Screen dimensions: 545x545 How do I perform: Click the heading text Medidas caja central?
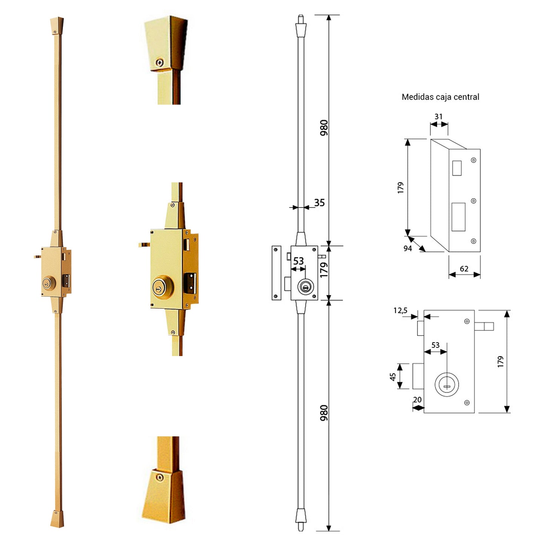tap(440, 97)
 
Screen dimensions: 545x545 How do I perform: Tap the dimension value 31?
tap(438, 117)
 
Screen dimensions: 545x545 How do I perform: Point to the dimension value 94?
tap(408, 248)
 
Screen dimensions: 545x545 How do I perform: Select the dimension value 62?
tap(464, 269)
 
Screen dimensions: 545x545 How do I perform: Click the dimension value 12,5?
tap(401, 310)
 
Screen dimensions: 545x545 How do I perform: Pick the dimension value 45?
tap(393, 377)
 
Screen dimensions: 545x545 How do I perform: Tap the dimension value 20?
tap(417, 400)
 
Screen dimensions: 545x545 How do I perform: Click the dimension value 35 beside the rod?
tap(319, 203)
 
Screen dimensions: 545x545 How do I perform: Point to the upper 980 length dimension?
tap(324, 128)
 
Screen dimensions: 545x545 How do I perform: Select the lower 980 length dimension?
tap(324, 413)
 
